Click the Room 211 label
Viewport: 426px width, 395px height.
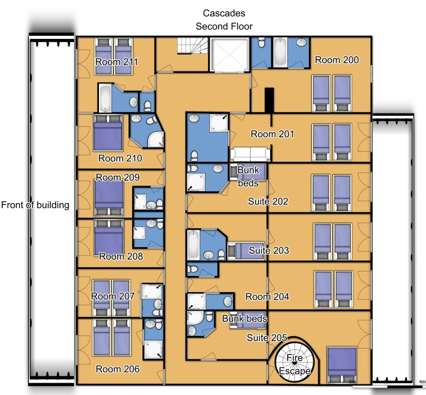pyautogui.click(x=117, y=62)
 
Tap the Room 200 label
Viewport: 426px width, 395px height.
pyautogui.click(x=337, y=60)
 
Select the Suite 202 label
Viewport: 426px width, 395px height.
pyautogui.click(x=268, y=201)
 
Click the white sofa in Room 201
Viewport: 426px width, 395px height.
pyautogui.click(x=250, y=154)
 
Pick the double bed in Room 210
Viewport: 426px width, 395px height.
pyautogui.click(x=108, y=132)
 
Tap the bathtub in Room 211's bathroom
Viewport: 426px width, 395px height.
pyautogui.click(x=105, y=98)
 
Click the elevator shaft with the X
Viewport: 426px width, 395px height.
pyautogui.click(x=229, y=55)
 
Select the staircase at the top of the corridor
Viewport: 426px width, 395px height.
pyautogui.click(x=192, y=46)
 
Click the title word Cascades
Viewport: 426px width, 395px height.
pyautogui.click(x=224, y=13)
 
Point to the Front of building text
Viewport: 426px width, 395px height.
pyautogui.click(x=35, y=205)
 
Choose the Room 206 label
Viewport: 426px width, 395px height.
pyautogui.click(x=118, y=369)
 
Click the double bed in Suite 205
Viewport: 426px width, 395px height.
pyautogui.click(x=342, y=365)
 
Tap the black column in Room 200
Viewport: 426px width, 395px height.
pyautogui.click(x=269, y=100)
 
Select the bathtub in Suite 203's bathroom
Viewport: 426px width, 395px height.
pyautogui.click(x=193, y=245)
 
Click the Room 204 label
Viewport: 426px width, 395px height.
pyautogui.click(x=267, y=297)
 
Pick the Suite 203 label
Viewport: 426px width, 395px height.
pyautogui.click(x=269, y=250)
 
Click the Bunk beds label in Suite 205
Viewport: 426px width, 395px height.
pyautogui.click(x=244, y=319)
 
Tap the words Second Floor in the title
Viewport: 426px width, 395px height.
pyautogui.click(x=224, y=26)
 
